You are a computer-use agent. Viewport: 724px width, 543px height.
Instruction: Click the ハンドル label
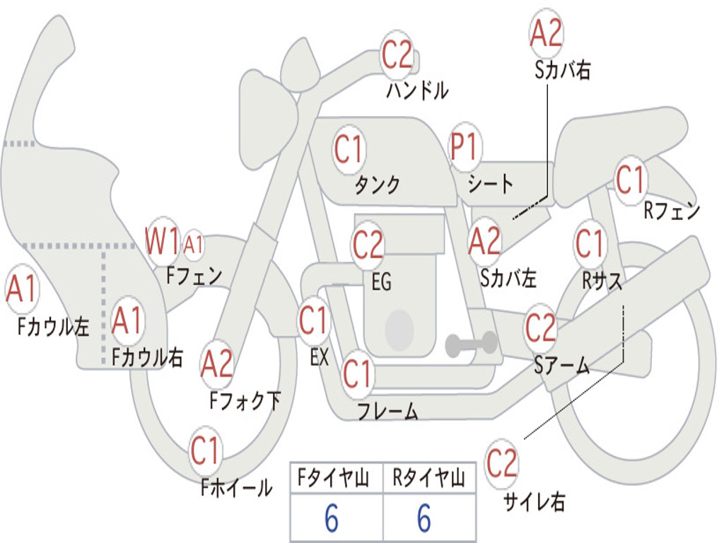[418, 90]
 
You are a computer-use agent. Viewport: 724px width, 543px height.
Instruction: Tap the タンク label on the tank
[377, 185]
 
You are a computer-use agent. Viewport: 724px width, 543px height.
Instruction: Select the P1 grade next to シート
[464, 148]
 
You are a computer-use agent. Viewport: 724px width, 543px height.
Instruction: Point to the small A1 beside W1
[193, 245]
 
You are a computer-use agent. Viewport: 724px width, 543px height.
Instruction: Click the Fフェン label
[194, 275]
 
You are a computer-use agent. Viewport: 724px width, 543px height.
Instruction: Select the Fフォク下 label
[245, 401]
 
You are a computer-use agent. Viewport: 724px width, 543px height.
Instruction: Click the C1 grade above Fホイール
[206, 450]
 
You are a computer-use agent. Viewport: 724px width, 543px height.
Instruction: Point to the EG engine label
[381, 282]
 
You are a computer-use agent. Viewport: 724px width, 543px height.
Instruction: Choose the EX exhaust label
[319, 358]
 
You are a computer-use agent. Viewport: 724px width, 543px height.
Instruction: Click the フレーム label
[387, 411]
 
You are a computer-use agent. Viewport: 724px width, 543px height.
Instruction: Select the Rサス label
[602, 281]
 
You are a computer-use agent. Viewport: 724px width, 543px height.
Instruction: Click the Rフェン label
[671, 211]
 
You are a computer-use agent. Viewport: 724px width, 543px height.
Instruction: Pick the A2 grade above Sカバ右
[546, 33]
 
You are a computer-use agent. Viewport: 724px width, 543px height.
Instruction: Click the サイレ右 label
[534, 502]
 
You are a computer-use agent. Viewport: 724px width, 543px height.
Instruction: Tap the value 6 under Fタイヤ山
[332, 520]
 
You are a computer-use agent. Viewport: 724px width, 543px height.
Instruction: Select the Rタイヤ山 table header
[428, 479]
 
